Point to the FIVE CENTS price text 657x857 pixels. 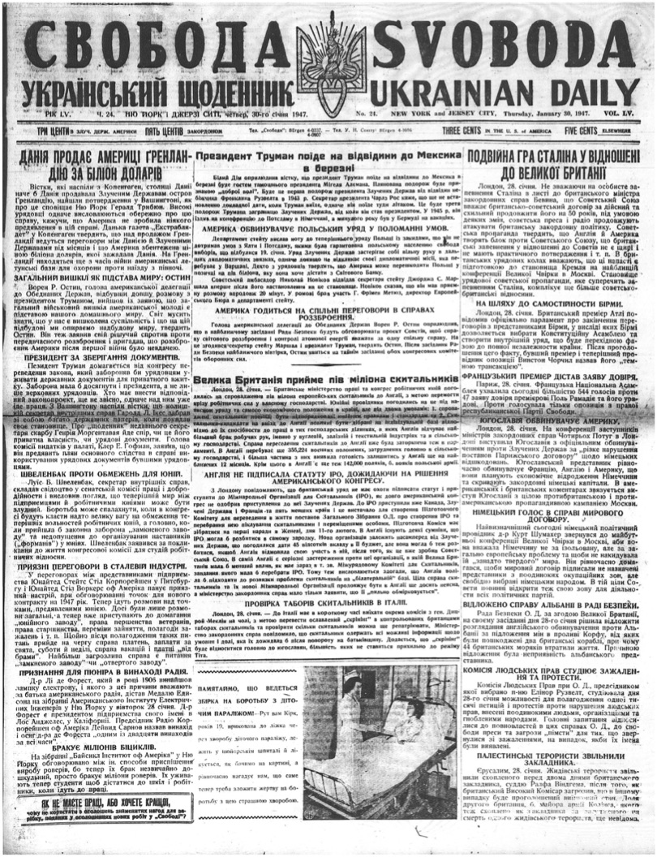(585, 129)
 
